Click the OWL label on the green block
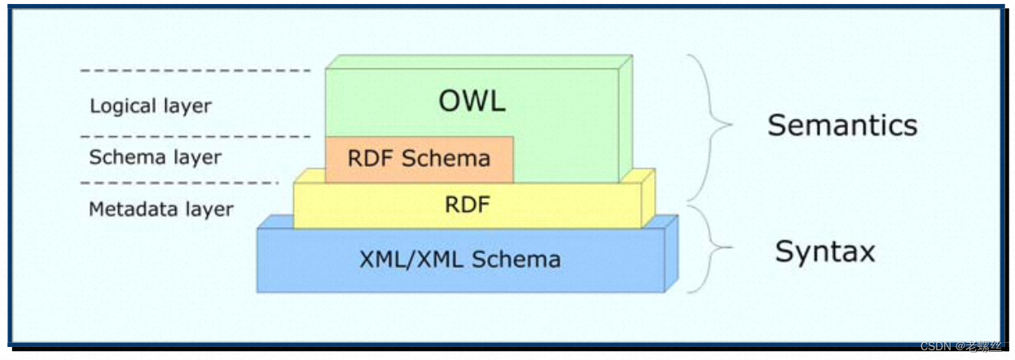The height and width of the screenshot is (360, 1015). pos(472,101)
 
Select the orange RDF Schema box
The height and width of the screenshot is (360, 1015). pos(419,159)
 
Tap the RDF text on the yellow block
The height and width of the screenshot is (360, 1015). pos(468,205)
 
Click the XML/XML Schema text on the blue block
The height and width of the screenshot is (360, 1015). pos(459,260)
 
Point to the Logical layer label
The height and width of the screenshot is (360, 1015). pos(151,106)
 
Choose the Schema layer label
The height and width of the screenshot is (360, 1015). pos(155,157)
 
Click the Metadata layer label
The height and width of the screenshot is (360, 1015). pos(160,209)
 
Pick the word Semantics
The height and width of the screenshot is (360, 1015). pos(842,125)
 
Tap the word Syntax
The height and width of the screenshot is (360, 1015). pos(824,251)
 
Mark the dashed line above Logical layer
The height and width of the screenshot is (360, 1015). pos(196,71)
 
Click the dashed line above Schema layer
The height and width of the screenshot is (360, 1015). pos(196,136)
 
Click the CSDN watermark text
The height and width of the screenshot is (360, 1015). pos(960,347)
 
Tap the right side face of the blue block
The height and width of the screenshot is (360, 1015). pos(671,252)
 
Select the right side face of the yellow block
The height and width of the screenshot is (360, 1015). pos(648,199)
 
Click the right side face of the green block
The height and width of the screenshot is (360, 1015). pos(625,118)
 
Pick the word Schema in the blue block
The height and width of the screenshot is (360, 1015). pos(514,260)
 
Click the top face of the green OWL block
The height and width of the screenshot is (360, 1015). pos(479,62)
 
